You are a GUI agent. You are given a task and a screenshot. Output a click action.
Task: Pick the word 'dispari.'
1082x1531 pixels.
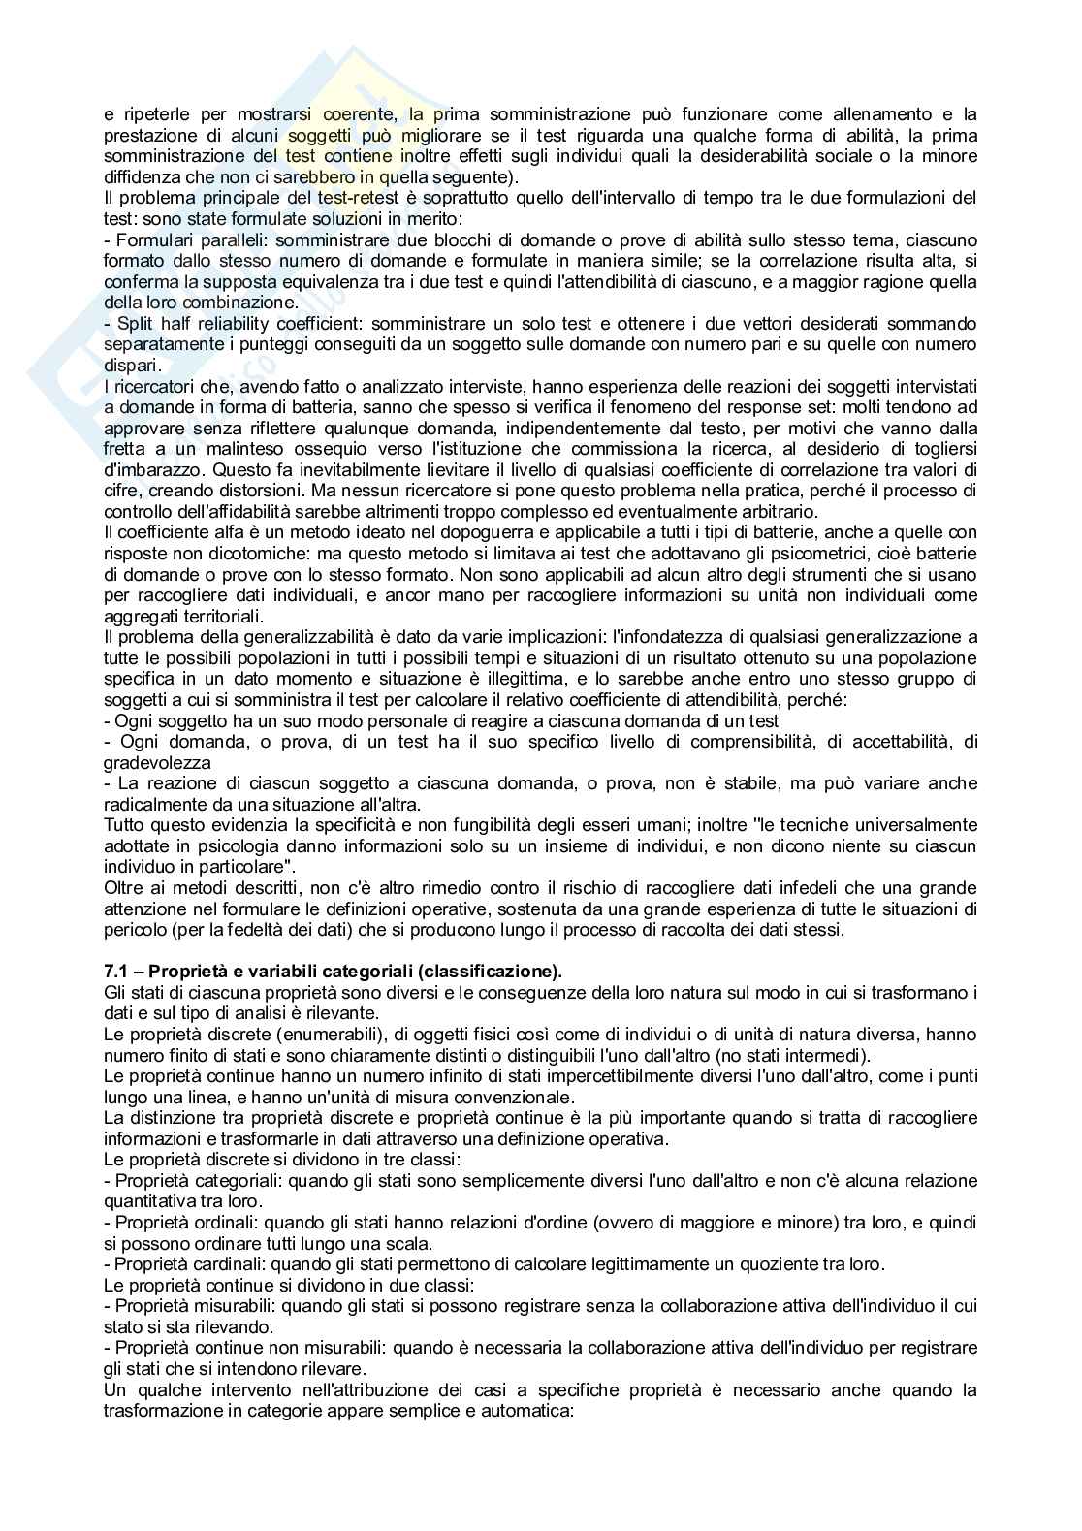[131, 365]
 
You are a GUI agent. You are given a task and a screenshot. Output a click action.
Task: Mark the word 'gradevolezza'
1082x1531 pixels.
[149, 762]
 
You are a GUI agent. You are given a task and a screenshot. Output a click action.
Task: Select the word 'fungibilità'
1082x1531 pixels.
[458, 824]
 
